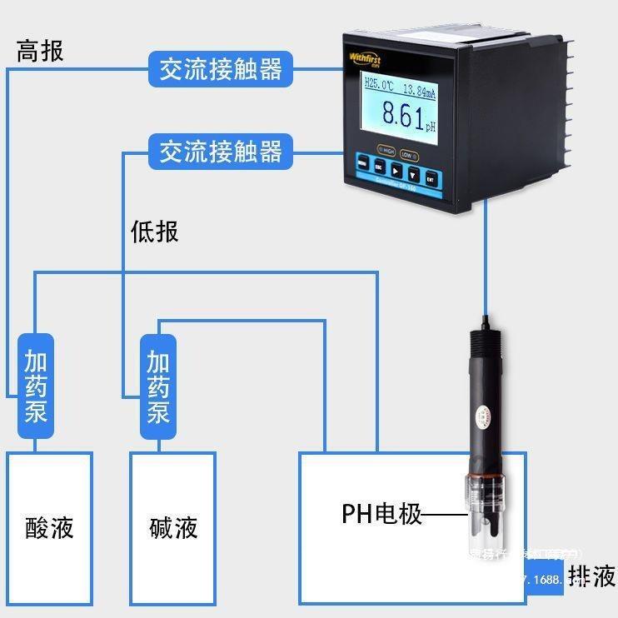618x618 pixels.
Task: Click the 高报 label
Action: coord(40,52)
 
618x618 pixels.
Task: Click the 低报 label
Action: coord(155,232)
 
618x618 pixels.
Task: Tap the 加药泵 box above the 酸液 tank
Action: coord(36,386)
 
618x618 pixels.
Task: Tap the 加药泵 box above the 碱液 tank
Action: coord(158,386)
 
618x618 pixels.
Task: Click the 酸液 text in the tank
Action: coord(49,527)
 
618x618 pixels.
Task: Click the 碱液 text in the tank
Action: coord(173,527)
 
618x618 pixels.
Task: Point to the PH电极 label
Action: coord(381,514)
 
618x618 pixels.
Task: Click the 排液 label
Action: coord(591,576)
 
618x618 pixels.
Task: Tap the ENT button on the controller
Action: coord(431,177)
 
